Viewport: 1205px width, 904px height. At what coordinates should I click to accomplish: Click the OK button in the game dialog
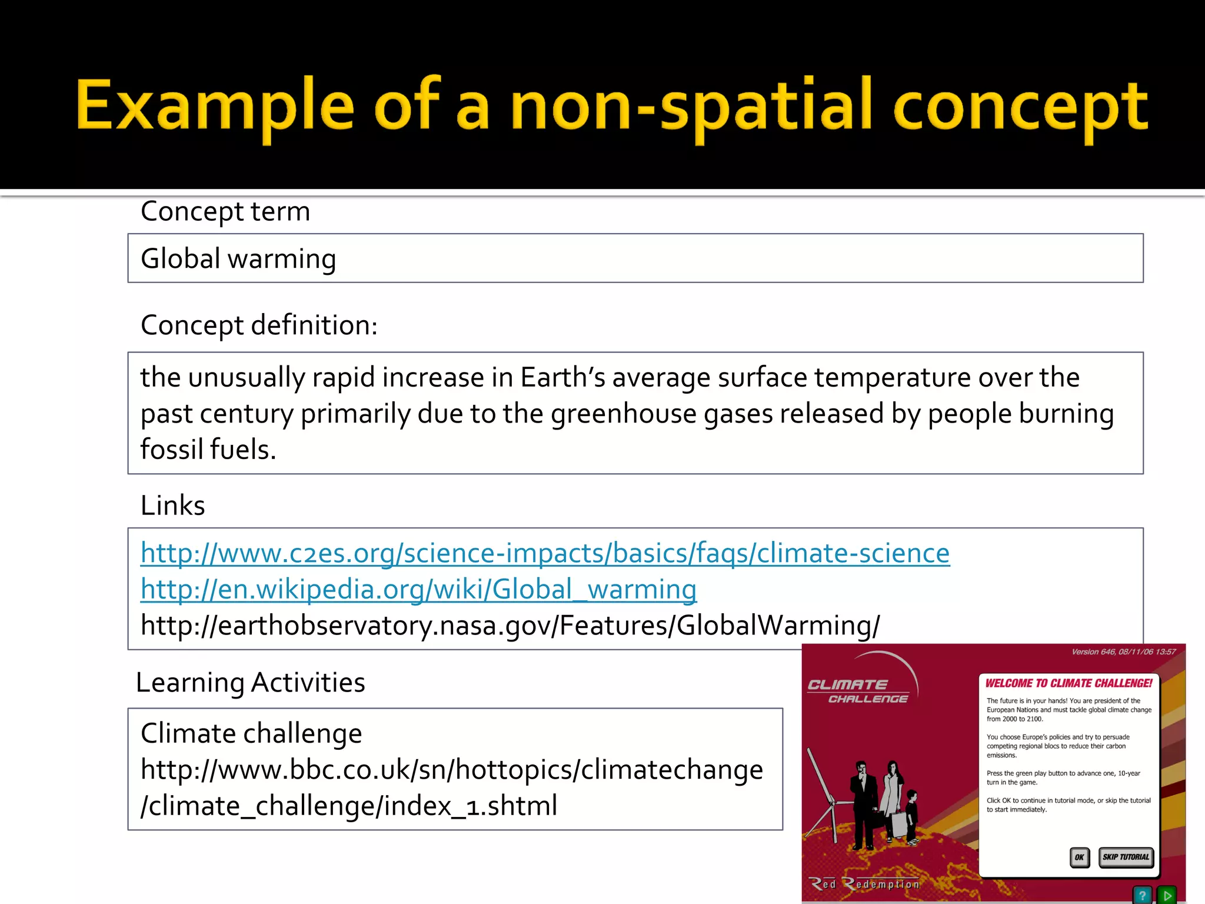click(x=1079, y=857)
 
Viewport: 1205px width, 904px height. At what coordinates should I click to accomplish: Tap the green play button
click(x=1166, y=895)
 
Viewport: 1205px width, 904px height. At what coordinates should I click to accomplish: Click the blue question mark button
click(x=1142, y=895)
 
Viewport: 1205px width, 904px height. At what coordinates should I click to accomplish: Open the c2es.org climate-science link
click(x=545, y=553)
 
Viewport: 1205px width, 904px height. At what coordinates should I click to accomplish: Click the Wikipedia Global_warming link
click(x=418, y=589)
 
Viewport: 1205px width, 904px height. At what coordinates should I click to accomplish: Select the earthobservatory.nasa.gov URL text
click(x=510, y=625)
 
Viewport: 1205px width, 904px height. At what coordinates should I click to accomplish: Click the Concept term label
click(x=225, y=211)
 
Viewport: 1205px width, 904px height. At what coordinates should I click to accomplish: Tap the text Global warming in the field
click(x=238, y=259)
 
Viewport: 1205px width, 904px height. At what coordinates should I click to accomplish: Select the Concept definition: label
click(x=259, y=325)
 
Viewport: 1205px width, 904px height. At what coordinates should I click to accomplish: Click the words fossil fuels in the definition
click(x=208, y=450)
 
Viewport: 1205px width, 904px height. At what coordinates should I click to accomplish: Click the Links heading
click(x=173, y=506)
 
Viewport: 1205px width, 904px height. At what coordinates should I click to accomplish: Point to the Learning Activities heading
click(x=251, y=683)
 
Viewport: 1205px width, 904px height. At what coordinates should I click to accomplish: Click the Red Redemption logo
click(x=865, y=884)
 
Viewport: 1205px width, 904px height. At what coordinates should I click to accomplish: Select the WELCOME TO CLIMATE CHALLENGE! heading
click(x=1068, y=683)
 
